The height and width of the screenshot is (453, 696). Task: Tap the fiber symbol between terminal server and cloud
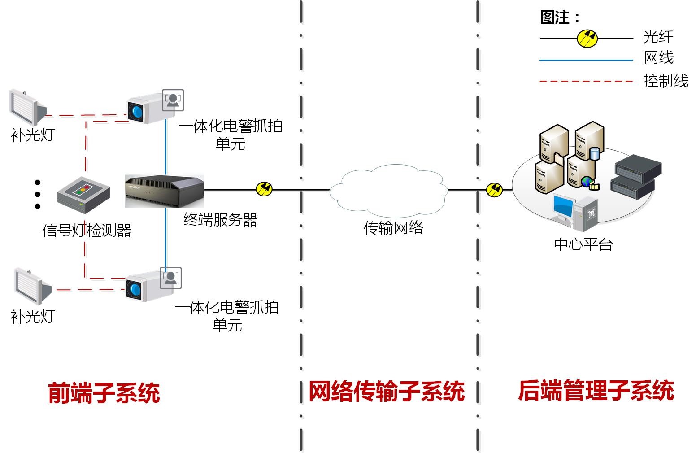[x=264, y=189]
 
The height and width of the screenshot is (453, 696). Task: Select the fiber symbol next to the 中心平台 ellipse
[x=494, y=190]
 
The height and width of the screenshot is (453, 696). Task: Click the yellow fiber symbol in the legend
[x=587, y=39]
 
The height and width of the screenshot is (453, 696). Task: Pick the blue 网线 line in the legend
[x=586, y=60]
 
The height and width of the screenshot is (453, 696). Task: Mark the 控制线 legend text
[x=666, y=81]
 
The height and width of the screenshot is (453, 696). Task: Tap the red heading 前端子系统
[x=104, y=393]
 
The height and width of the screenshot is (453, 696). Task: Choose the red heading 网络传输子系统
[x=387, y=392]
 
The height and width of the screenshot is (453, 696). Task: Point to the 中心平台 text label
[x=583, y=245]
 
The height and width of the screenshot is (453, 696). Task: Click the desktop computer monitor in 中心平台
[x=563, y=208]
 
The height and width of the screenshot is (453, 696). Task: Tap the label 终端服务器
[x=221, y=220]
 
